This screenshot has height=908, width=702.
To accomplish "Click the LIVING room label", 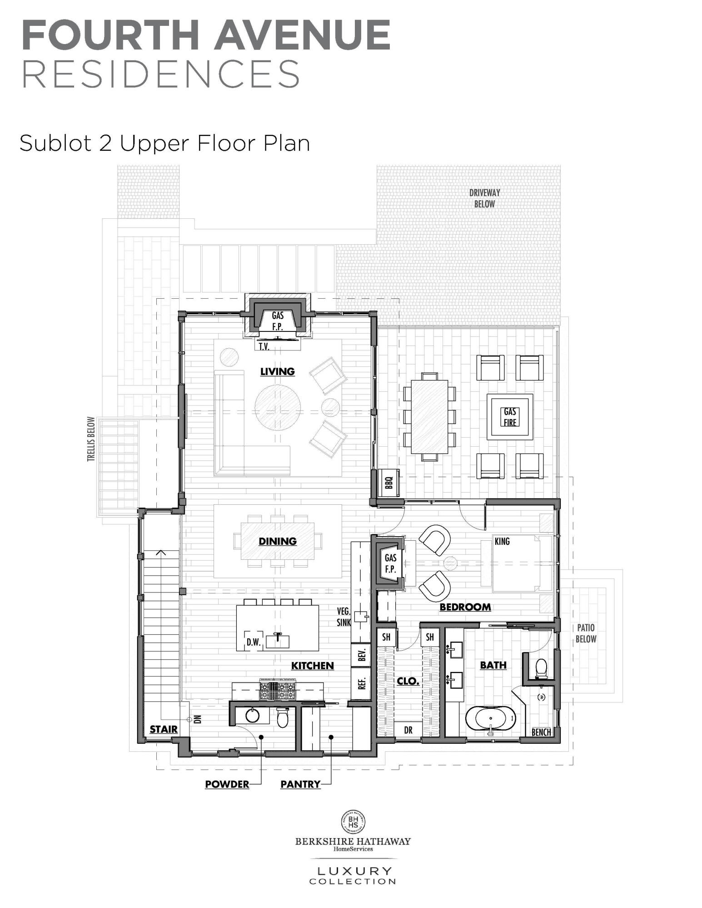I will click(277, 371).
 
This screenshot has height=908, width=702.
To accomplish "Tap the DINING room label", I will click(277, 541).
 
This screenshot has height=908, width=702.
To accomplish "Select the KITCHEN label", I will click(312, 666).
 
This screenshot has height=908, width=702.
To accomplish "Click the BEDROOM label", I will click(465, 607).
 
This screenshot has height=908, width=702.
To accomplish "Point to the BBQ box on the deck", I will click(389, 483).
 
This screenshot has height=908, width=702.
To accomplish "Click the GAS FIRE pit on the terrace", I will click(510, 417).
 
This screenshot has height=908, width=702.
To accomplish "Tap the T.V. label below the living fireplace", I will click(264, 347).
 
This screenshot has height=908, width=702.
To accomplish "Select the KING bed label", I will click(502, 541).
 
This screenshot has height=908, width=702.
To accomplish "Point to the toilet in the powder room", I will click(283, 718).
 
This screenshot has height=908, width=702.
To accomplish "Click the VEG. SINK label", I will click(344, 617).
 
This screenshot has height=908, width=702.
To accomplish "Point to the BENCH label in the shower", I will click(541, 732).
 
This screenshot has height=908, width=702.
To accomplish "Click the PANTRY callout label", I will click(300, 784).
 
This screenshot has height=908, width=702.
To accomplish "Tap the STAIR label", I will click(164, 730).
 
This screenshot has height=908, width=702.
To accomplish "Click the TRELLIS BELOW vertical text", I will click(91, 439).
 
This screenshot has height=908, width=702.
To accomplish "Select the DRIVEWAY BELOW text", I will click(484, 198).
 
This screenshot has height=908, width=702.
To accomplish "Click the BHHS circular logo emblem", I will click(353, 822).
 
